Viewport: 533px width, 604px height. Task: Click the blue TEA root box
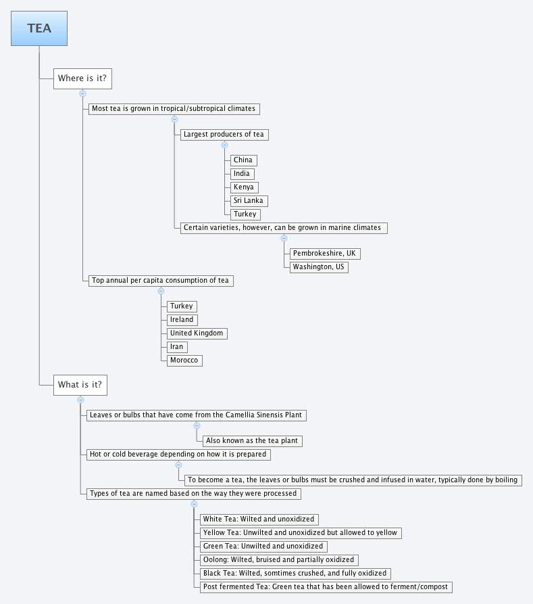click(x=39, y=29)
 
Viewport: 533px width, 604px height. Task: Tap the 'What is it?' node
click(x=80, y=385)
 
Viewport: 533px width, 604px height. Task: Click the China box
click(x=243, y=160)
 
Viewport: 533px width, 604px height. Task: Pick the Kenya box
click(x=244, y=187)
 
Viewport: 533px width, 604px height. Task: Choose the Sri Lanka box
click(x=249, y=201)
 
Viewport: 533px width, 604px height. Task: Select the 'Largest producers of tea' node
click(x=224, y=135)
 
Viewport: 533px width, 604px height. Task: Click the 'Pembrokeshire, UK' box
click(x=324, y=254)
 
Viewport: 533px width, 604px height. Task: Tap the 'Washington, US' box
click(x=320, y=267)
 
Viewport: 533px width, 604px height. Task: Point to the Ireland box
click(x=182, y=320)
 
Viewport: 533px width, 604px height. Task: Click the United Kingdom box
click(x=197, y=333)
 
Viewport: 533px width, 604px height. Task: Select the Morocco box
click(x=184, y=361)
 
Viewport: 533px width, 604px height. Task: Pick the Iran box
click(x=176, y=347)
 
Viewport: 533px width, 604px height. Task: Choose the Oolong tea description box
click(x=278, y=560)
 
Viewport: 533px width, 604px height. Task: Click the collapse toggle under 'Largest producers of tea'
click(x=224, y=145)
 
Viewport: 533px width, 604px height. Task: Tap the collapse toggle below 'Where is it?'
click(x=82, y=93)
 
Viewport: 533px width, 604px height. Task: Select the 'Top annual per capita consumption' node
click(x=161, y=281)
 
